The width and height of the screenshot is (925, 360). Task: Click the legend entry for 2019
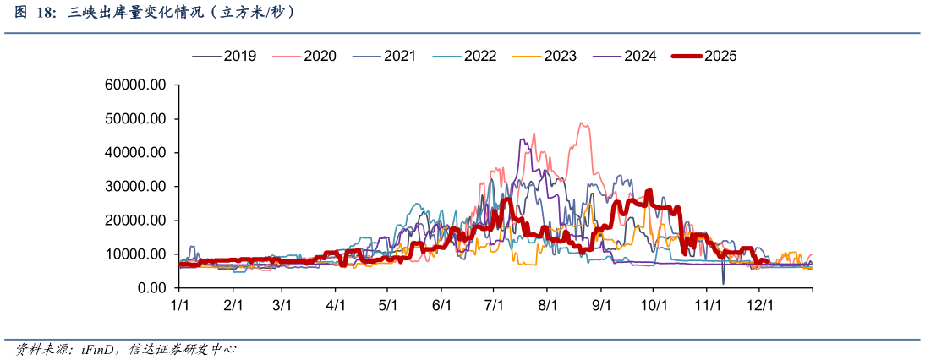pos(223,56)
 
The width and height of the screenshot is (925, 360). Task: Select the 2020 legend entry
pos(304,56)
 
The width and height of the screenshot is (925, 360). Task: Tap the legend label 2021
pos(384,56)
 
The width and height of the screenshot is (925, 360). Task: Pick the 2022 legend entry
pos(464,56)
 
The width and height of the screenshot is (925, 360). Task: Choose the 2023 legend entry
pos(545,56)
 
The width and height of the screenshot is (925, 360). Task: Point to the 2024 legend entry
pos(625,56)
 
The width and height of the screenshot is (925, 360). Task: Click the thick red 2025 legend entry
pos(704,56)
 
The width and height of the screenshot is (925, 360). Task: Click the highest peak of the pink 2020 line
pos(581,123)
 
